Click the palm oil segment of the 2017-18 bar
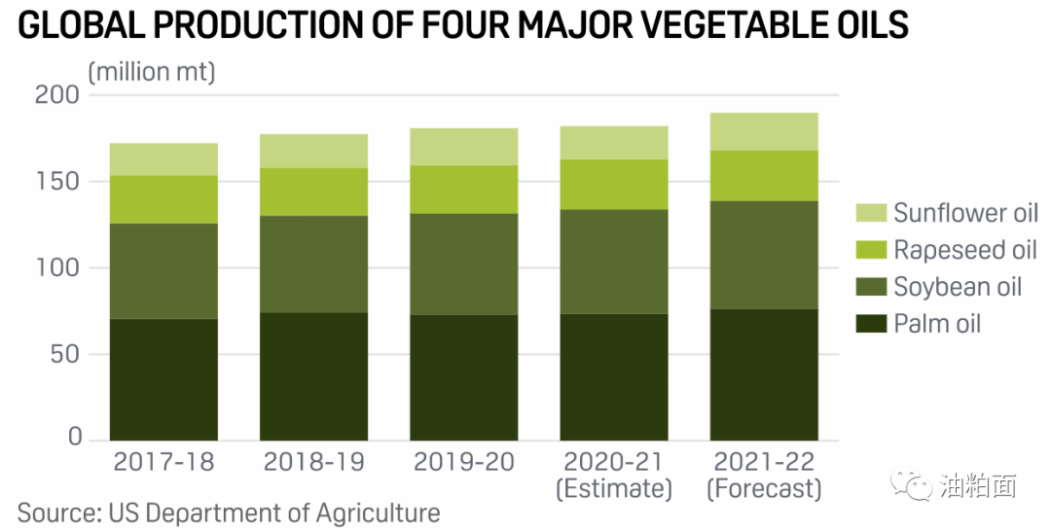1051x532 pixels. (163, 379)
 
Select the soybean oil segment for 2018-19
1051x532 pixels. (313, 264)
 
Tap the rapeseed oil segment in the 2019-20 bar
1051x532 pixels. (464, 189)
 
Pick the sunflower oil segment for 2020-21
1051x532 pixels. (614, 142)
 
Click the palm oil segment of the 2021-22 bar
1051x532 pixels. (764, 374)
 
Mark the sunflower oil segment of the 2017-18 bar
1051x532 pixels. (163, 159)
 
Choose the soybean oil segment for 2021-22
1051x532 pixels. (764, 255)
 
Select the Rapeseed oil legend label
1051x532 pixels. (965, 250)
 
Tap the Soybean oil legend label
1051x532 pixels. (958, 287)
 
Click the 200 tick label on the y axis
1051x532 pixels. (57, 96)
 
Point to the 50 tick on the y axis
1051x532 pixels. (65, 354)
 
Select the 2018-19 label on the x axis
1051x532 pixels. (313, 461)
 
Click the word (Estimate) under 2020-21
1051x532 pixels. (614, 488)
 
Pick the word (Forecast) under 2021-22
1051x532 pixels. (764, 488)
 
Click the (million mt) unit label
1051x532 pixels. (152, 71)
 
